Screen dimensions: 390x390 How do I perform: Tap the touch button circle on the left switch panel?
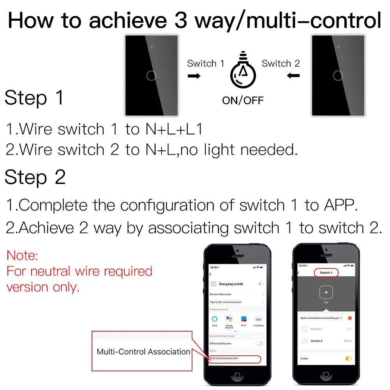pyautogui.click(x=151, y=75)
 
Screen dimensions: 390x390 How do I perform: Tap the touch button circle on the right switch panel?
pyautogui.click(x=338, y=75)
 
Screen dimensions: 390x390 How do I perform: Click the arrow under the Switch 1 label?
pyautogui.click(x=194, y=76)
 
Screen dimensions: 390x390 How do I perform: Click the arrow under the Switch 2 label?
pyautogui.click(x=293, y=76)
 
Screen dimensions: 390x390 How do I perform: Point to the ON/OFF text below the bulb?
pyautogui.click(x=243, y=100)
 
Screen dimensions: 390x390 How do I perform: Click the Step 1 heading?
pyautogui.click(x=34, y=98)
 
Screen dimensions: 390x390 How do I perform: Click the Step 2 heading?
pyautogui.click(x=35, y=178)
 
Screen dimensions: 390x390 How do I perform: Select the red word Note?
pyautogui.click(x=23, y=256)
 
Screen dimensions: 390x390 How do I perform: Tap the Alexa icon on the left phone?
pyautogui.click(x=215, y=319)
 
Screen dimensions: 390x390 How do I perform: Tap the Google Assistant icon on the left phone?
pyautogui.click(x=229, y=319)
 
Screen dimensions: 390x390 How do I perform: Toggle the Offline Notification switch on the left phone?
pyautogui.click(x=259, y=343)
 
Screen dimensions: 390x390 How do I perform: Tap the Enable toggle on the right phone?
pyautogui.click(x=348, y=358)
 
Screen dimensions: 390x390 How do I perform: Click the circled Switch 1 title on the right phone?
pyautogui.click(x=326, y=273)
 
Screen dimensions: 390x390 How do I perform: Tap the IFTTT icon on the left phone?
pyautogui.click(x=244, y=319)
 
